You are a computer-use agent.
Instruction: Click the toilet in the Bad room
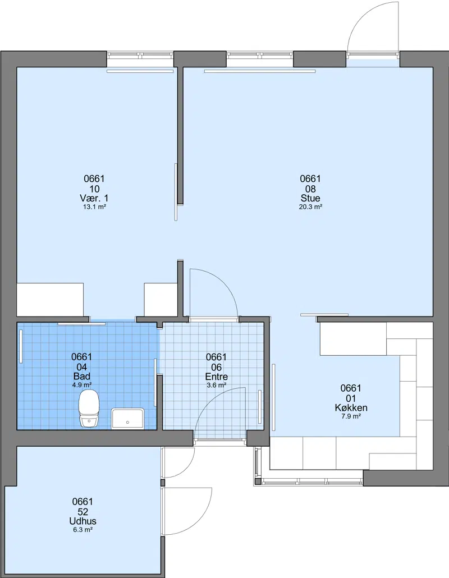point(89,409)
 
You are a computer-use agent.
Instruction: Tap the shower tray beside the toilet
point(127,419)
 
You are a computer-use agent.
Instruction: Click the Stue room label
point(310,198)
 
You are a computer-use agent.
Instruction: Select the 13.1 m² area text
point(94,207)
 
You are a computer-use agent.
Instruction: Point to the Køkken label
point(351,408)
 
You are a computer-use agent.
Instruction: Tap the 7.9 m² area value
point(351,416)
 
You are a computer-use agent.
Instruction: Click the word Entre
point(217,377)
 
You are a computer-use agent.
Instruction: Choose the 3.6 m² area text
point(217,385)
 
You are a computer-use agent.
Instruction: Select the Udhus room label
point(83,521)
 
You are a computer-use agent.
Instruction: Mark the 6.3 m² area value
point(83,530)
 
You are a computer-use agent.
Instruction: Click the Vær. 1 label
point(94,198)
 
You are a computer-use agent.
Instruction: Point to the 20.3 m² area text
point(310,207)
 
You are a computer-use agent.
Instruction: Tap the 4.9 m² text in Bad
point(82,385)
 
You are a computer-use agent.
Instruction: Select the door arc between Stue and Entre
point(221,283)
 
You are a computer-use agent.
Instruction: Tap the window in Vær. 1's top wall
point(140,55)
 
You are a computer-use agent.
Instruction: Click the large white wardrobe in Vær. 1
point(50,299)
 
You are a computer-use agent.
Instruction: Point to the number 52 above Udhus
point(83,512)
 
